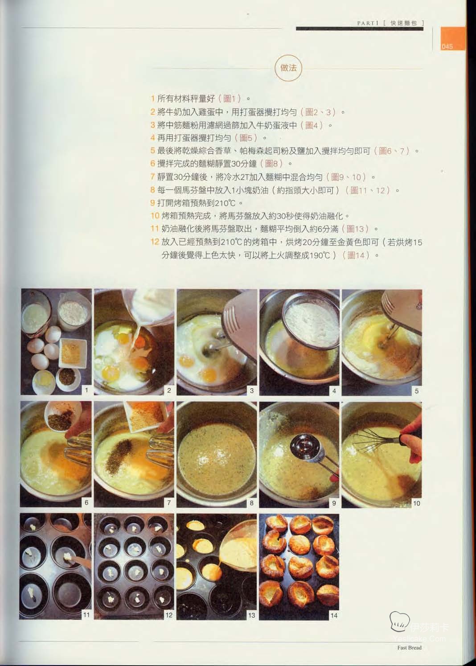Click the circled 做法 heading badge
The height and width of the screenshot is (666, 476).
point(288,68)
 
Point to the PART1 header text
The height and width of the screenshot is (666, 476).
point(368,23)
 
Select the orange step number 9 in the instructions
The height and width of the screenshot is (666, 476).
point(152,203)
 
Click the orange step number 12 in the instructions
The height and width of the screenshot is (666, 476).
point(155,242)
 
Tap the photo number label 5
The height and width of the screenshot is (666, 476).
point(417,391)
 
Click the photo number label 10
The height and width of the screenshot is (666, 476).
point(416,503)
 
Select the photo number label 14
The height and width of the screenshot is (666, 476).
point(334,616)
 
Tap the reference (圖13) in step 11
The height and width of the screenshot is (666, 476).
point(355,229)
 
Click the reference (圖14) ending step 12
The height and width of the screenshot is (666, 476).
point(356,255)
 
